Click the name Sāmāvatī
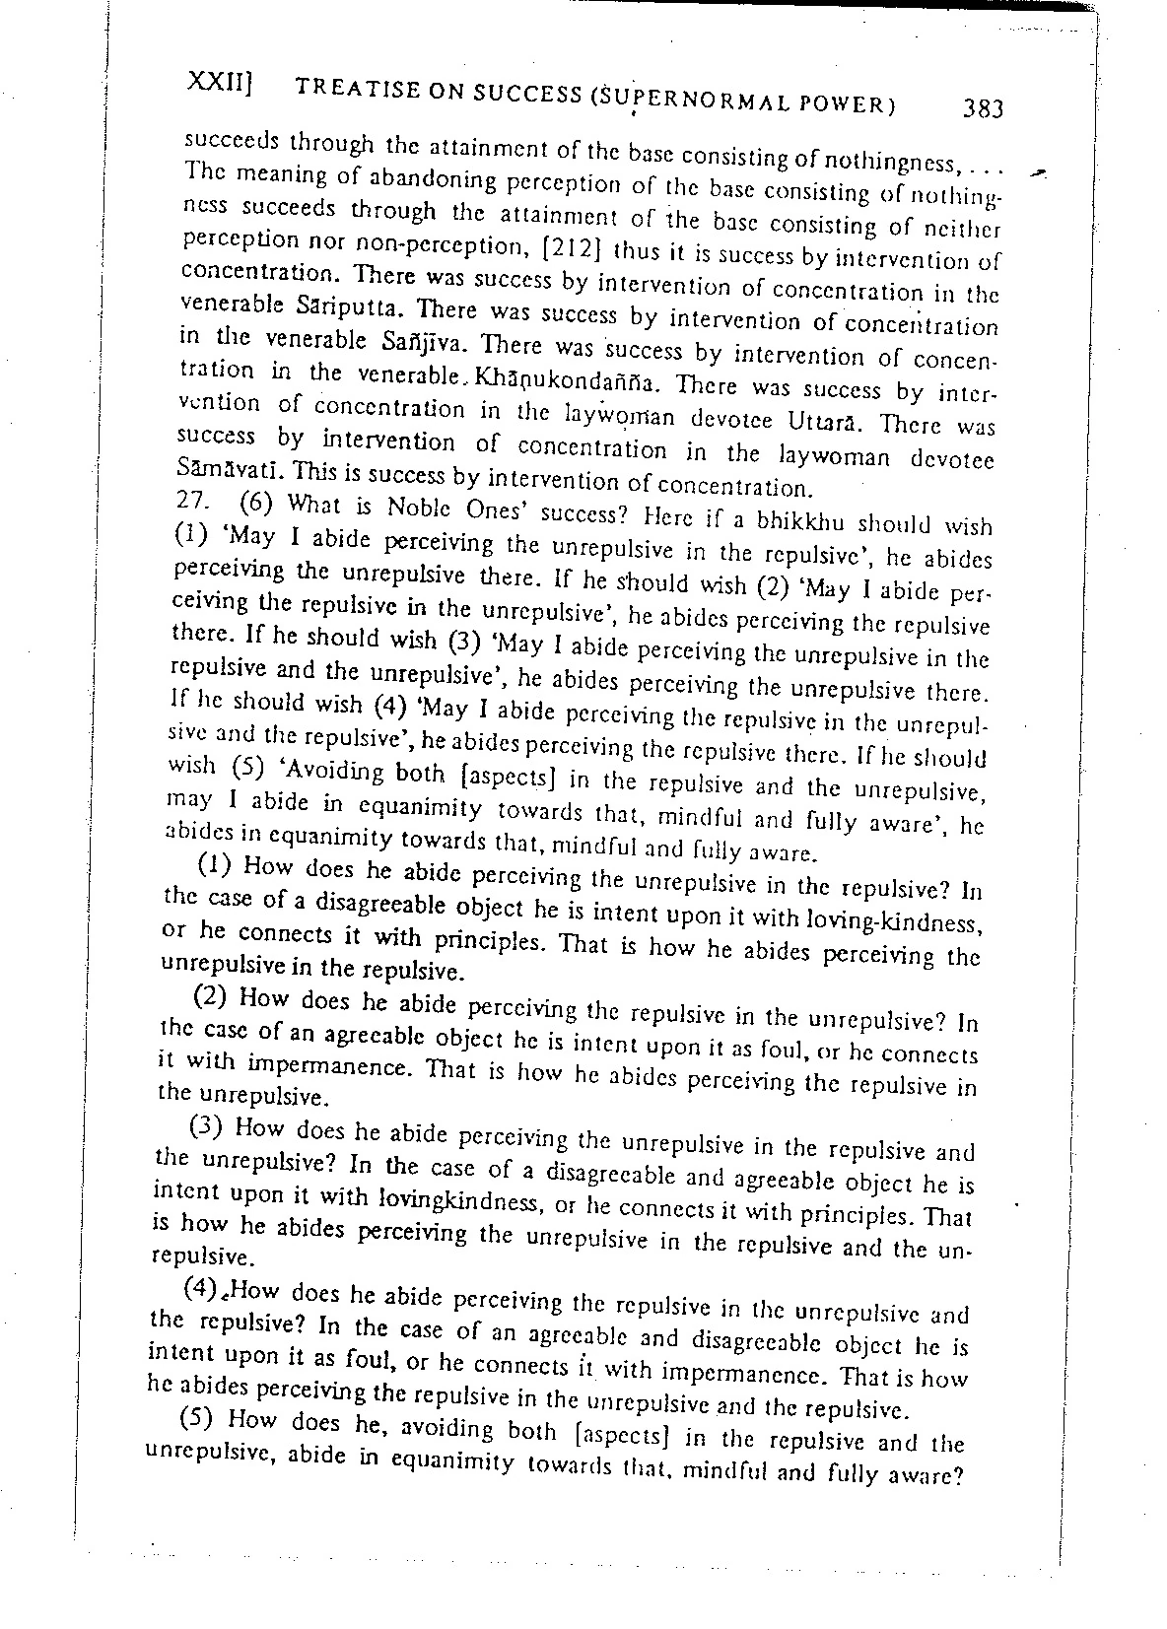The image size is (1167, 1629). coord(223,473)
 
